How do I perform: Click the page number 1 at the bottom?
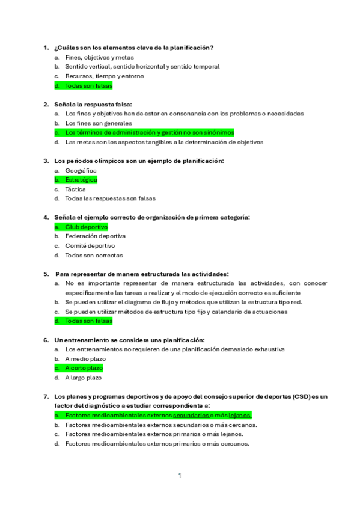point(179,476)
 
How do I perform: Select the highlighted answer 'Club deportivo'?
point(86,227)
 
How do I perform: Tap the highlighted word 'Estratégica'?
point(81,180)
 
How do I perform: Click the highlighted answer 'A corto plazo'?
point(84,368)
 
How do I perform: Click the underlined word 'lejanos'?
point(239,416)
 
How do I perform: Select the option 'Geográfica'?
point(81,170)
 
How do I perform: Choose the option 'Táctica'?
point(75,189)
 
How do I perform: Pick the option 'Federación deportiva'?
point(95,236)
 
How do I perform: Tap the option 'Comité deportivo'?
point(90,246)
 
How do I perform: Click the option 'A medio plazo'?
point(85,359)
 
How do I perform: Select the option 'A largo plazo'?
point(84,378)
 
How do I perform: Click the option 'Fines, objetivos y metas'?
point(99,57)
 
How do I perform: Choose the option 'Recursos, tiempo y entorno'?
point(104,76)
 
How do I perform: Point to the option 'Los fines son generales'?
point(98,123)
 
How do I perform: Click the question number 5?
point(46,274)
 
